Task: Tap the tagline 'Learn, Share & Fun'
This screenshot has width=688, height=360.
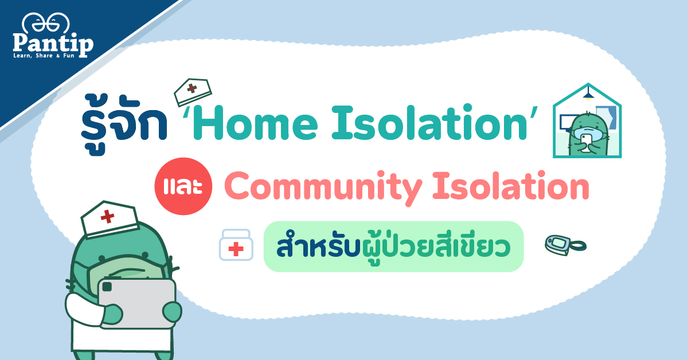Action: pyautogui.click(x=44, y=56)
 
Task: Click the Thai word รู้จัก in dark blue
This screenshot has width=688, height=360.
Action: pyautogui.click(x=124, y=124)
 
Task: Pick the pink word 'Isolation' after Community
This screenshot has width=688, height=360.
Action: pyautogui.click(x=511, y=186)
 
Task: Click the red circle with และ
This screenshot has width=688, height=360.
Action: pyautogui.click(x=183, y=186)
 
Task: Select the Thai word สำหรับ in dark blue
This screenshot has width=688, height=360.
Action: pyautogui.click(x=318, y=246)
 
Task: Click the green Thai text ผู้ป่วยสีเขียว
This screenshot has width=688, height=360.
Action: pyautogui.click(x=436, y=247)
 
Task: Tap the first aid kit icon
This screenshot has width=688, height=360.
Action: pyautogui.click(x=236, y=245)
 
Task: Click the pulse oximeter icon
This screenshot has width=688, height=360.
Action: pyautogui.click(x=565, y=245)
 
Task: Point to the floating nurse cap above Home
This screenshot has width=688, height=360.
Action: pyautogui.click(x=193, y=92)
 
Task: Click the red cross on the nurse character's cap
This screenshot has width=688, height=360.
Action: pyautogui.click(x=108, y=216)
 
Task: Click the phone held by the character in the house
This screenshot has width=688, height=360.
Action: pyautogui.click(x=586, y=143)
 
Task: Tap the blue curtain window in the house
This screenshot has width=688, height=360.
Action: pyautogui.click(x=607, y=118)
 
